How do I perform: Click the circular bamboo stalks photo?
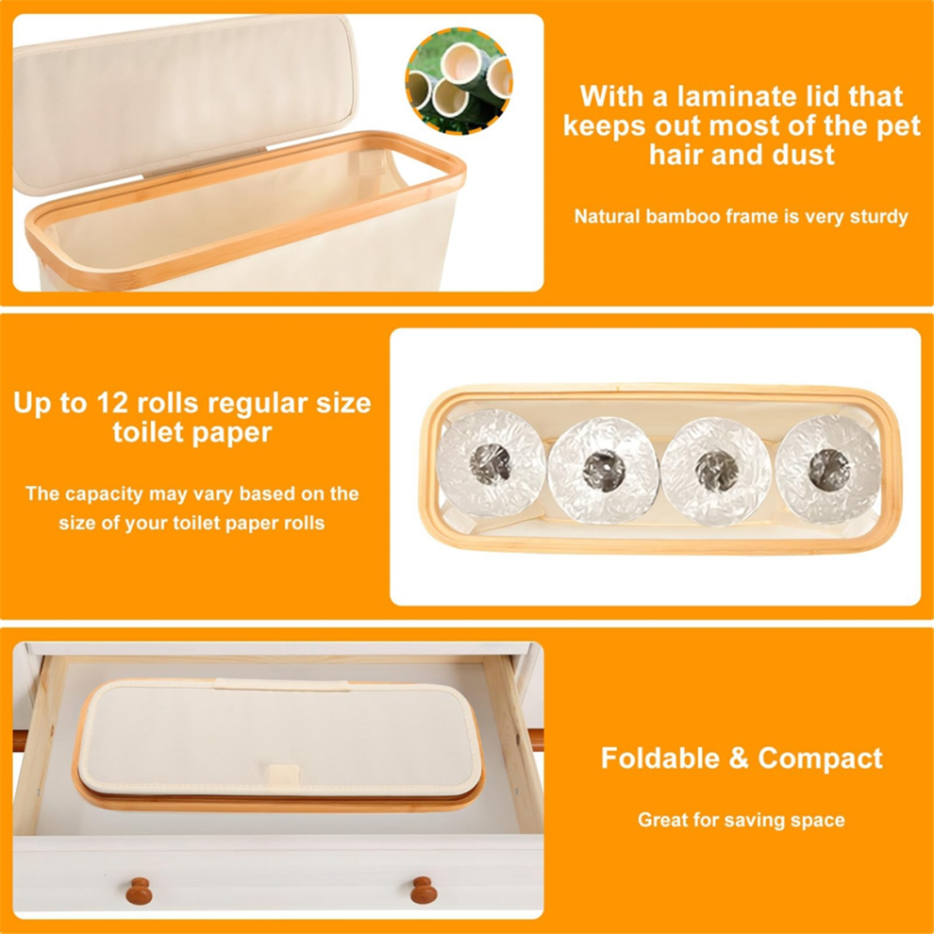(459, 80)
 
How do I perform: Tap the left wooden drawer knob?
(139, 891)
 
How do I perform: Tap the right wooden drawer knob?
(424, 890)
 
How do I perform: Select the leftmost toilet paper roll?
(491, 462)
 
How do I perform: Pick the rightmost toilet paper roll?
(828, 469)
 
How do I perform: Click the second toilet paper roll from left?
(604, 470)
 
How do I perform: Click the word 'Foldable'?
(660, 758)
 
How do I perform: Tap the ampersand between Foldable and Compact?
(739, 759)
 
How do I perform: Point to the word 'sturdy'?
(878, 217)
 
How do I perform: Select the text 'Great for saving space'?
(741, 820)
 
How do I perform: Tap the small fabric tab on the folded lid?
(282, 774)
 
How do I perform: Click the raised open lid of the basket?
(185, 101)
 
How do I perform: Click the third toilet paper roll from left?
(716, 471)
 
